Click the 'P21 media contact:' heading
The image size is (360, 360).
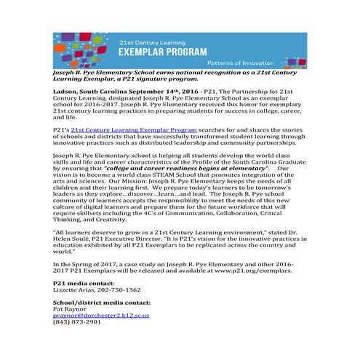tap(84, 281)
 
